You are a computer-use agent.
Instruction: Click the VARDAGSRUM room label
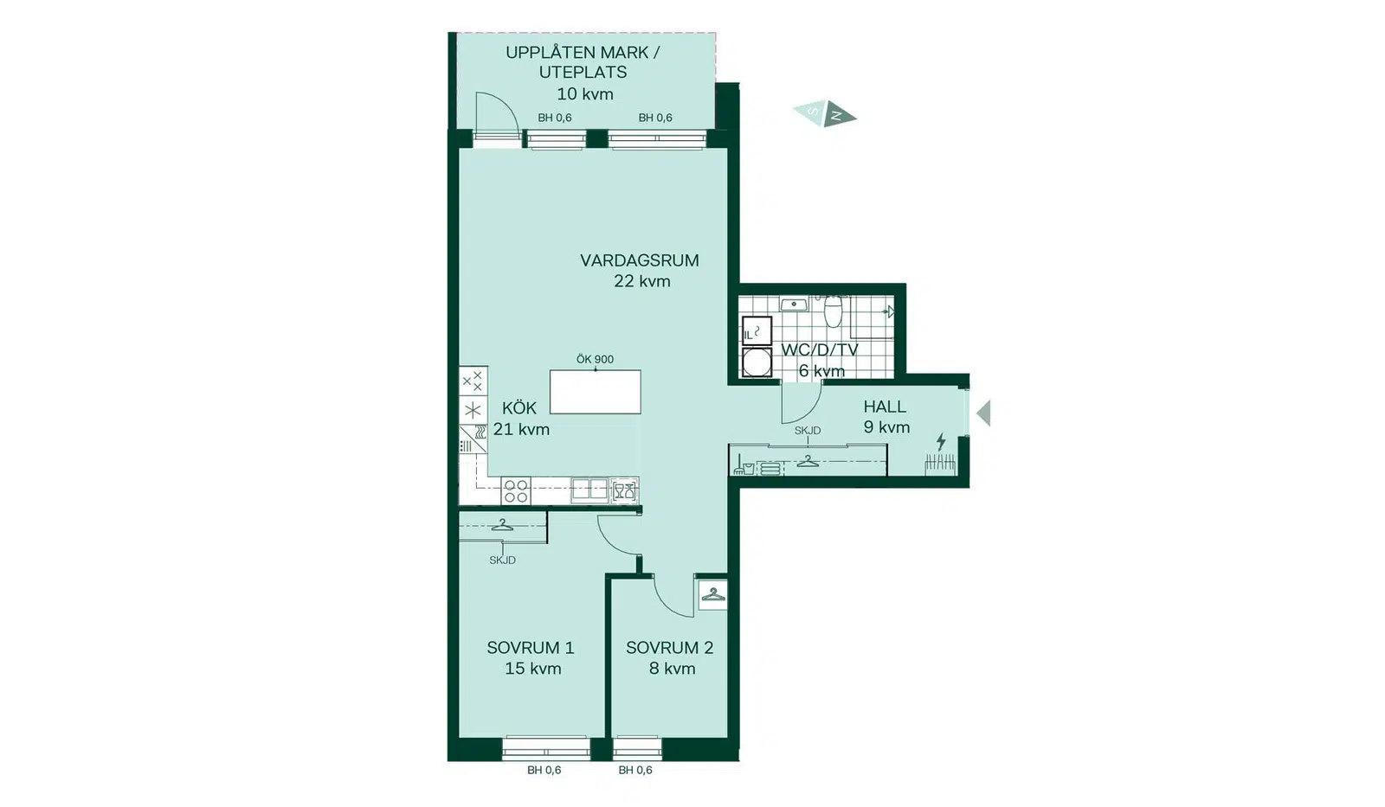point(640,260)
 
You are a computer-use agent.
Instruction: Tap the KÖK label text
point(519,408)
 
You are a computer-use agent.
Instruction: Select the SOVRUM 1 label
point(531,648)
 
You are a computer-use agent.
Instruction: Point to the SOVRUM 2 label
point(670,648)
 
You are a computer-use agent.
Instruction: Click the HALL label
point(885,407)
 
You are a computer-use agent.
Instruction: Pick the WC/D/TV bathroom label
point(820,349)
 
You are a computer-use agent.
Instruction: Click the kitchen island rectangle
point(596,392)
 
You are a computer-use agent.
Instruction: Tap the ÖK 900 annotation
point(595,359)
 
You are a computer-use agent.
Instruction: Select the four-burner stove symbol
point(516,491)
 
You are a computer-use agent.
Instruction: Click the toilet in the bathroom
point(834,311)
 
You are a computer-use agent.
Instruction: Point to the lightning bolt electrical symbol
point(941,442)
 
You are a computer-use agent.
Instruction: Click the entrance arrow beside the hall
point(983,413)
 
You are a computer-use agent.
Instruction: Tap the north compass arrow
point(840,114)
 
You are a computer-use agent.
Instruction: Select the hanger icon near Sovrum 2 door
point(713,594)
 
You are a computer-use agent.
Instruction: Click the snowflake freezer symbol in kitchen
point(473,410)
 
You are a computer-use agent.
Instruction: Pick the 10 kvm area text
point(585,94)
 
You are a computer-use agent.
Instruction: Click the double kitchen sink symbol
point(589,490)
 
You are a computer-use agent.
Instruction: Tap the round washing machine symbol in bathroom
point(757,362)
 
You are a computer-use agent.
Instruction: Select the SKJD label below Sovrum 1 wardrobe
point(502,560)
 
